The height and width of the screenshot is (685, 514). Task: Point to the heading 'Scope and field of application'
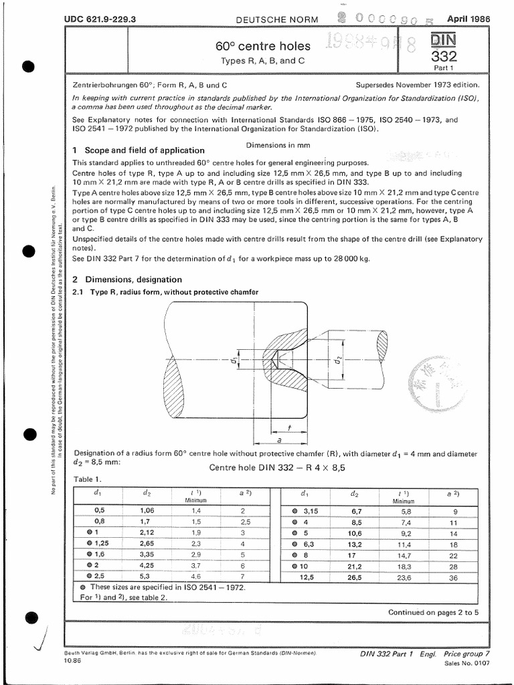[143, 150]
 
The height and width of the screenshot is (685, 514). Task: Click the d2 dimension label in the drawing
[339, 363]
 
